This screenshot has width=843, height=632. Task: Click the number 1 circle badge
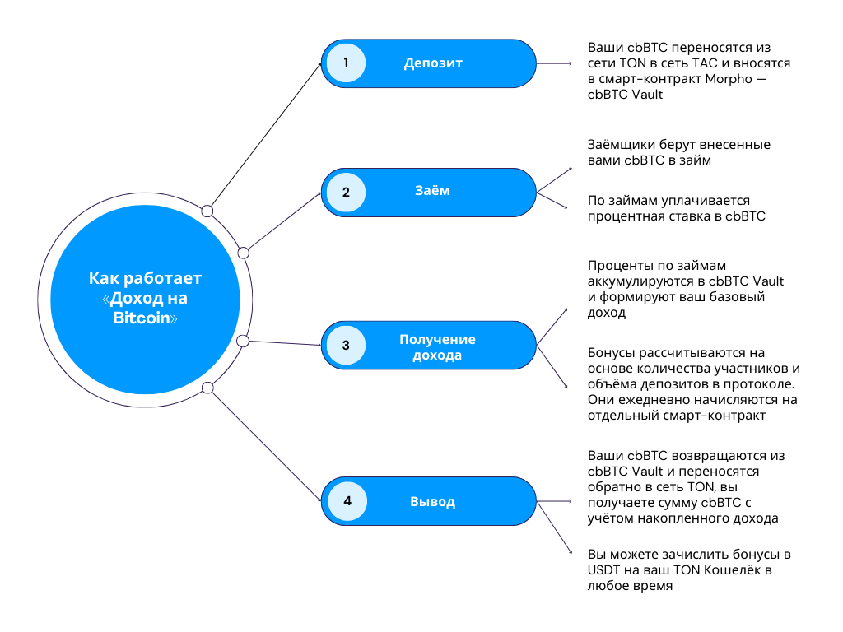pos(347,63)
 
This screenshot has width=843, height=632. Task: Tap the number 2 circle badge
pos(347,193)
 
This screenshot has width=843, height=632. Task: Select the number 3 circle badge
pos(347,346)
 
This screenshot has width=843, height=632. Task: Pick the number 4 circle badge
pos(347,501)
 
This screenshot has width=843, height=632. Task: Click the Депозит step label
pos(433,63)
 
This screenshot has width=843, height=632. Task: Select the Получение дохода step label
pos(437,347)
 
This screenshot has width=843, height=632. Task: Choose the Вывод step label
pos(432,501)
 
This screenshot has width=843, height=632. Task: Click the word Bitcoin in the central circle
pos(142,318)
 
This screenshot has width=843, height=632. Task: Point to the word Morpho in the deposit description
pos(730,79)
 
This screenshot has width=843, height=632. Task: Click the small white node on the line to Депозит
pos(207,211)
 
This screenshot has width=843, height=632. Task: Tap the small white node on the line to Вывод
pos(207,388)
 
